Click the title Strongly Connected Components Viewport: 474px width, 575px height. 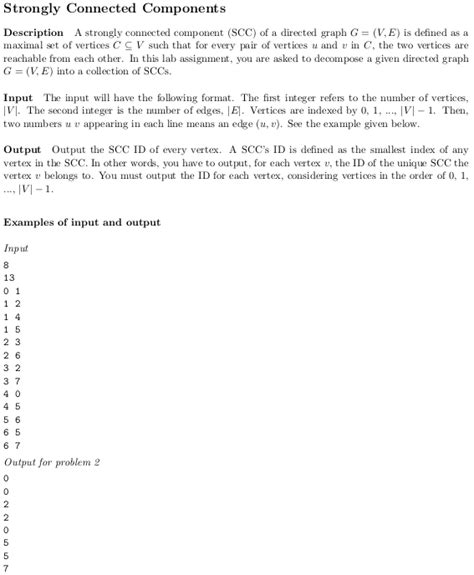click(114, 10)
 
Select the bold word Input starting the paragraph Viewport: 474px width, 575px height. click(20, 112)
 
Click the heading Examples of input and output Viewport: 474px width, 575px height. click(81, 222)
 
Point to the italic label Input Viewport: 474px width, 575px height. click(16, 247)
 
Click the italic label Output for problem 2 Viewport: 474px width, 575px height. click(52, 462)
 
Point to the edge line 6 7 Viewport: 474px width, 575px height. click(12, 445)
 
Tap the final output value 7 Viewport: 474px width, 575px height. click(7, 569)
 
